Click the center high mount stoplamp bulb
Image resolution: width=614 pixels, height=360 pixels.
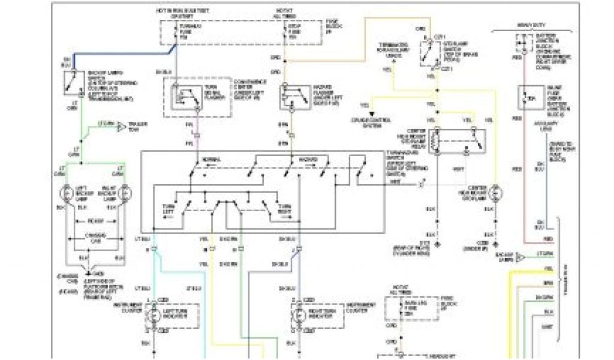496,193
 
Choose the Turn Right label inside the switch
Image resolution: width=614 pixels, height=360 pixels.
284,209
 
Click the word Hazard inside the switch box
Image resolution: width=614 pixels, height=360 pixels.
306,159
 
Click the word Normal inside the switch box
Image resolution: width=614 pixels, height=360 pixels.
210,159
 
